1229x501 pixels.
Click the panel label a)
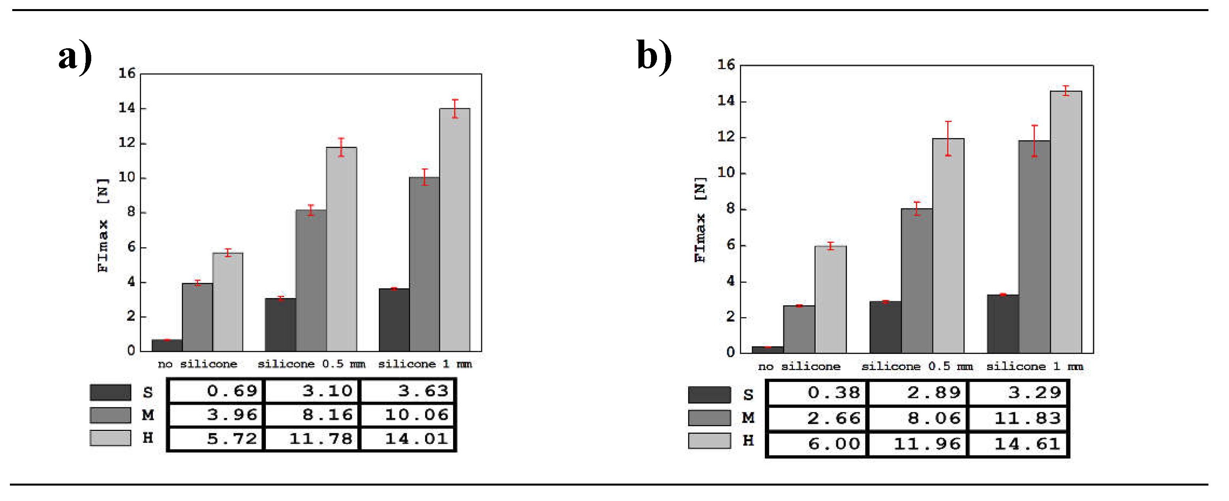click(x=75, y=57)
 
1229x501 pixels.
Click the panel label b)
click(x=654, y=57)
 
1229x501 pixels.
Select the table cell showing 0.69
click(x=216, y=391)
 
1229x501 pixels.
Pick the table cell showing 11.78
click(x=312, y=439)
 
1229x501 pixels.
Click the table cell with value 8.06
click(x=917, y=418)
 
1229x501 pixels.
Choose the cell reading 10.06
click(x=408, y=414)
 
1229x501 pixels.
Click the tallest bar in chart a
click(x=455, y=229)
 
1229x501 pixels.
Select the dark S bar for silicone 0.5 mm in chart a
click(x=280, y=325)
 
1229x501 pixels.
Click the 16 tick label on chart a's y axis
click(x=127, y=73)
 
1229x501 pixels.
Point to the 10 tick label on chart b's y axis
click(x=726, y=172)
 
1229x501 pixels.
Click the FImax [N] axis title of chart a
click(x=103, y=225)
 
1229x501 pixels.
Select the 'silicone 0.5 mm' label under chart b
click(x=917, y=366)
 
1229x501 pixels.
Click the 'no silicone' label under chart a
click(x=197, y=364)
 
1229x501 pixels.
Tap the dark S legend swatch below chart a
click(x=110, y=392)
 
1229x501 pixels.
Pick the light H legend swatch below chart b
click(x=709, y=441)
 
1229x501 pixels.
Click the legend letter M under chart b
click(x=747, y=418)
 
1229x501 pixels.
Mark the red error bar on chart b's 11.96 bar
click(x=948, y=138)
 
